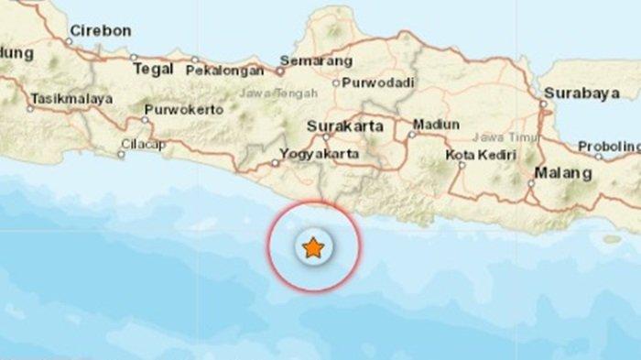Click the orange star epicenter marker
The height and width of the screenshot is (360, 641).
(313, 247)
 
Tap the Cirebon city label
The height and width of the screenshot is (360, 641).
(101, 31)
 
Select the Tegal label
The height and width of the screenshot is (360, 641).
(153, 68)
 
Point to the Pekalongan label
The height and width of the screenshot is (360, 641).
(226, 70)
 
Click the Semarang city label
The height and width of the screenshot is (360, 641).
(316, 61)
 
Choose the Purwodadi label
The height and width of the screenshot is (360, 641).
(377, 82)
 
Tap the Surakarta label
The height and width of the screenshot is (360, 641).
(345, 125)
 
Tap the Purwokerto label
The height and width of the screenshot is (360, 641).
(183, 110)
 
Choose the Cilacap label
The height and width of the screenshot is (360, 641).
(147, 144)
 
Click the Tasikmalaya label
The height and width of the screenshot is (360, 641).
(71, 98)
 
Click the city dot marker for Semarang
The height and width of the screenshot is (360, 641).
(281, 70)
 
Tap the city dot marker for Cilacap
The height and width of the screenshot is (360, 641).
(121, 154)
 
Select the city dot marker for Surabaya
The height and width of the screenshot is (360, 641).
(542, 104)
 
